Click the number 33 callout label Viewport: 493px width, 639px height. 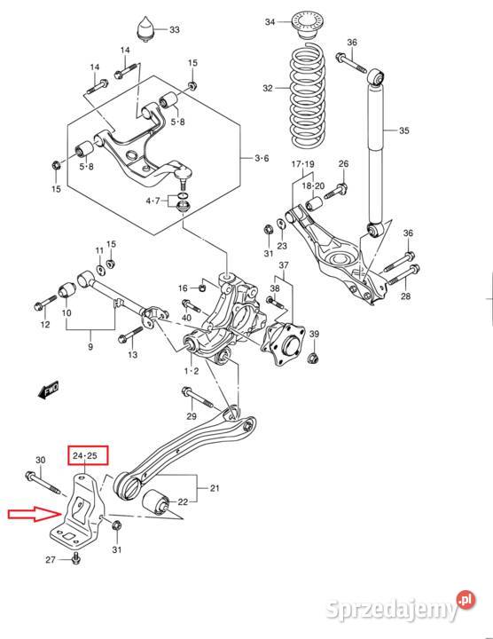(x=175, y=30)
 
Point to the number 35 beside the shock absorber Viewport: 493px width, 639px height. (x=403, y=131)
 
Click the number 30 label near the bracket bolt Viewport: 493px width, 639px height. (x=40, y=460)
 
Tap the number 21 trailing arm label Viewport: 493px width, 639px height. (x=214, y=487)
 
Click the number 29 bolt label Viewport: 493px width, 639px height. (x=192, y=416)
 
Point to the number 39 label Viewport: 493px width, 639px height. (x=314, y=334)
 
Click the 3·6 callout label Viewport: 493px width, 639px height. (x=261, y=159)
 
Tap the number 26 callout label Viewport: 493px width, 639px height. (x=343, y=163)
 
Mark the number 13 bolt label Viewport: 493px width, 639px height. (x=132, y=355)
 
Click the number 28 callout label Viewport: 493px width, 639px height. (x=405, y=296)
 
